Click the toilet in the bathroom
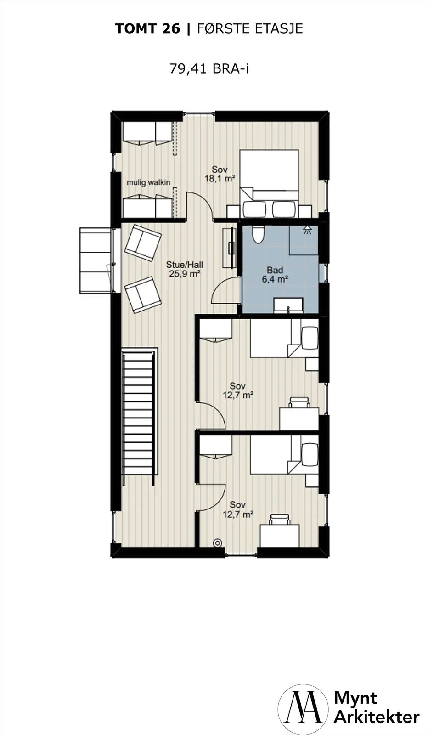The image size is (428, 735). click(x=259, y=234)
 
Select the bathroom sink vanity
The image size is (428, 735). click(x=288, y=305)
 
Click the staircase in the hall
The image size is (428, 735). click(x=138, y=418)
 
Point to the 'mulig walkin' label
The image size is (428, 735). click(x=148, y=182)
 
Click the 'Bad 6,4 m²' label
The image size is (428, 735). click(x=275, y=275)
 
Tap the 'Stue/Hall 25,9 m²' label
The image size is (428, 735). click(x=184, y=269)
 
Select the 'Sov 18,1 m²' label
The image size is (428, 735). click(x=220, y=174)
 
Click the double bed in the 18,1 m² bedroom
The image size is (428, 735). click(x=269, y=183)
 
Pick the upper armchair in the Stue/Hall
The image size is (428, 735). click(x=143, y=243)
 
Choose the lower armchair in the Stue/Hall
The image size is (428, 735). click(x=143, y=295)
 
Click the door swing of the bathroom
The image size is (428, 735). click(x=224, y=291)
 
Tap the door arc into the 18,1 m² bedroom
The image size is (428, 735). click(x=200, y=205)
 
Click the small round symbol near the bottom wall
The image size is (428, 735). click(x=217, y=543)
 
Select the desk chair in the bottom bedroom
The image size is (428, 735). click(x=279, y=520)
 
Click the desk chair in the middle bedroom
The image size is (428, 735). click(x=299, y=402)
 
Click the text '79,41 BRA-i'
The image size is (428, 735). click(x=209, y=69)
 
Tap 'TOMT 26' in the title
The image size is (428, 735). click(x=147, y=29)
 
